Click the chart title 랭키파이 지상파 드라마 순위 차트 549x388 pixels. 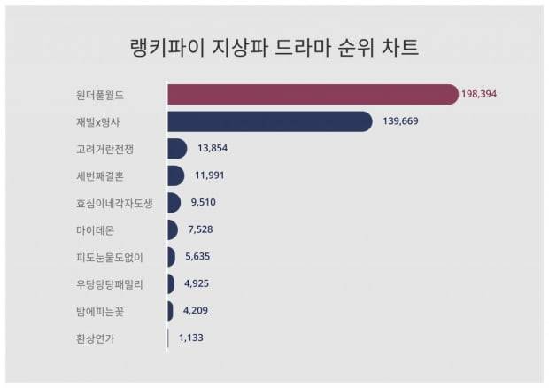click(274, 48)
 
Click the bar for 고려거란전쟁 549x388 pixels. click(176, 149)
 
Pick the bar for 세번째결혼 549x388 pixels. click(175, 175)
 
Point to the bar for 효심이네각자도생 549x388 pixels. click(174, 203)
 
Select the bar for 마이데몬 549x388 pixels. click(173, 230)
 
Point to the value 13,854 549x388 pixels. click(213, 149)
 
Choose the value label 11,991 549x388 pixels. click(210, 175)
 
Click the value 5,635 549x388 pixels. click(198, 257)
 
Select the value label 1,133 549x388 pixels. click(191, 338)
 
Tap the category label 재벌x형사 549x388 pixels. click(100, 121)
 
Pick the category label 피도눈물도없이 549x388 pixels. click(110, 258)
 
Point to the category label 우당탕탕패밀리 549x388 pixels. click(110, 284)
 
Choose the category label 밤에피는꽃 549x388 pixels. click(101, 311)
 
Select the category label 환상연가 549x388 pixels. click(95, 338)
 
